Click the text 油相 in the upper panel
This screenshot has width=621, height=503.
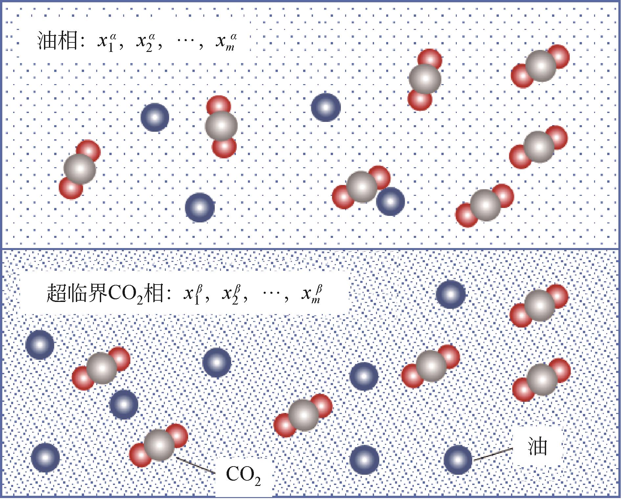click(57, 42)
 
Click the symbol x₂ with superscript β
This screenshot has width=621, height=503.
click(232, 294)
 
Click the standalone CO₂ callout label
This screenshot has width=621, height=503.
click(243, 475)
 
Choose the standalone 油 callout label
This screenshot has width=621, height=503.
click(538, 446)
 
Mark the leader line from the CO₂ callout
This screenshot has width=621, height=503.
click(195, 465)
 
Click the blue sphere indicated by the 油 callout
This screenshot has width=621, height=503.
click(458, 460)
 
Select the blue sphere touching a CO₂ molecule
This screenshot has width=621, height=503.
click(390, 202)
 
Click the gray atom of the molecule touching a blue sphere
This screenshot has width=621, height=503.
click(362, 187)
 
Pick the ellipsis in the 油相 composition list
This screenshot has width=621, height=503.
click(186, 43)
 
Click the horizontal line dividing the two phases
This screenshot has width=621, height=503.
click(310, 249)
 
